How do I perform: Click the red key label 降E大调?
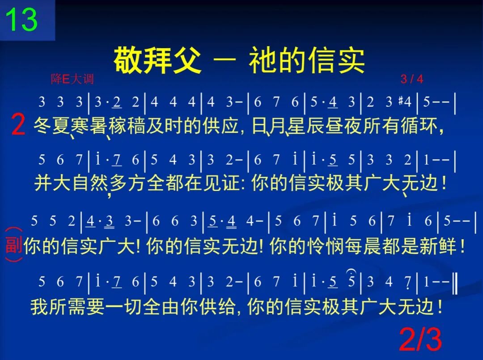72,80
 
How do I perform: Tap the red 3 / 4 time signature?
411,80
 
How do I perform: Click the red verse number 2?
17,126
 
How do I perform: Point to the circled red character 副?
14,245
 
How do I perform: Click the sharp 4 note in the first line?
405,102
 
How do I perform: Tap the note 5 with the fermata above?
352,281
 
